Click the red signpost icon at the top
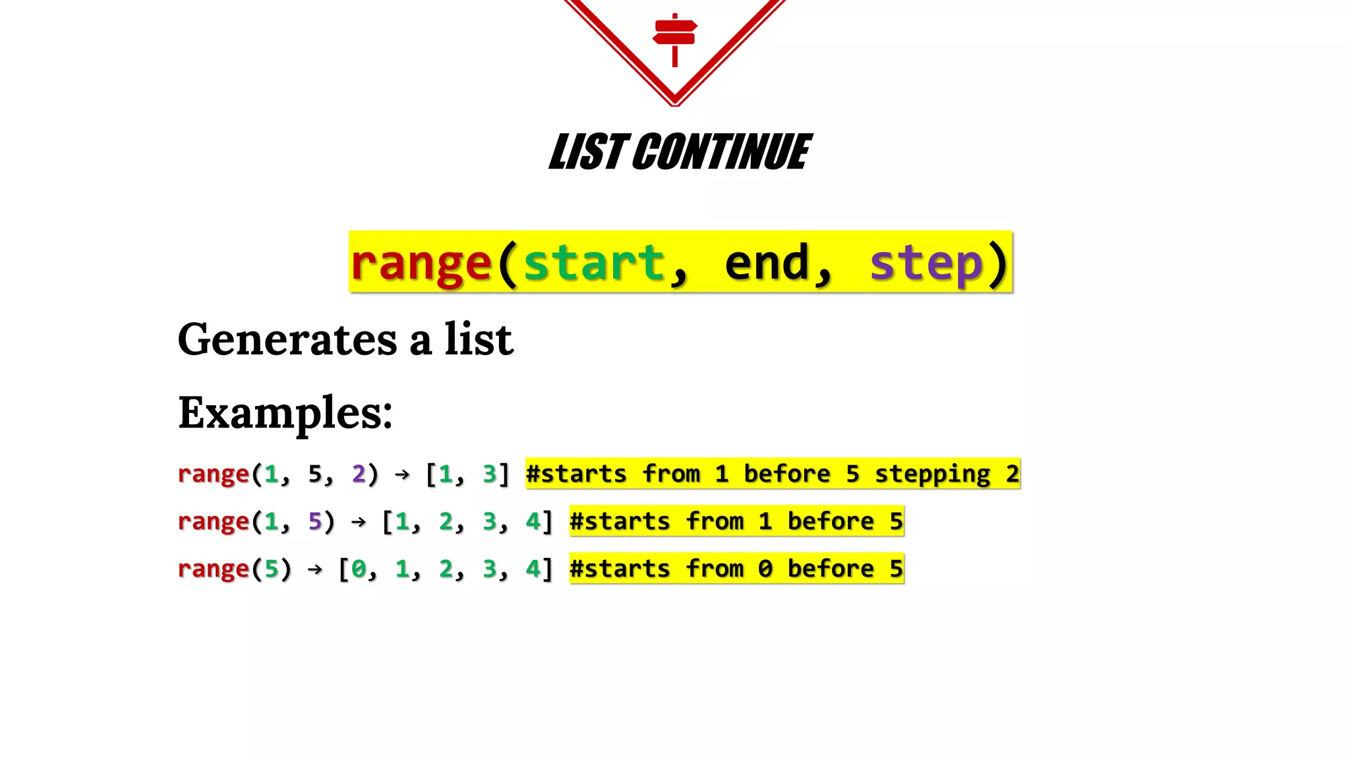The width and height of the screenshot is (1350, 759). tap(674, 38)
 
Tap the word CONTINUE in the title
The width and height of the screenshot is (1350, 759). tap(722, 152)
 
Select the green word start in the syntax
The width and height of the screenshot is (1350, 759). tap(593, 263)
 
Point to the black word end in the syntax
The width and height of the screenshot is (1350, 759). tap(767, 263)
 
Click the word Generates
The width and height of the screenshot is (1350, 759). tap(287, 340)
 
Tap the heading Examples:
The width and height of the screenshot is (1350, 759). tap(285, 414)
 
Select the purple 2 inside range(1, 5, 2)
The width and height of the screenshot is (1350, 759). tap(359, 474)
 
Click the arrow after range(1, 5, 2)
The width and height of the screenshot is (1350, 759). tap(402, 474)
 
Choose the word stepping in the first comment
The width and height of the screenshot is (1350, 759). tap(932, 474)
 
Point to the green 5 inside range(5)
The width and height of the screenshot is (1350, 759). tap(271, 569)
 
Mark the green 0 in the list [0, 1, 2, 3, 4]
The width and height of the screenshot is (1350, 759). tap(359, 569)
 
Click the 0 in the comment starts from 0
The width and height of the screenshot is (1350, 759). tap(765, 569)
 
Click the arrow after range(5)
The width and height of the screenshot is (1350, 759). tap(315, 569)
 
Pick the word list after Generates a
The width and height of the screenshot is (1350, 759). tap(479, 340)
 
